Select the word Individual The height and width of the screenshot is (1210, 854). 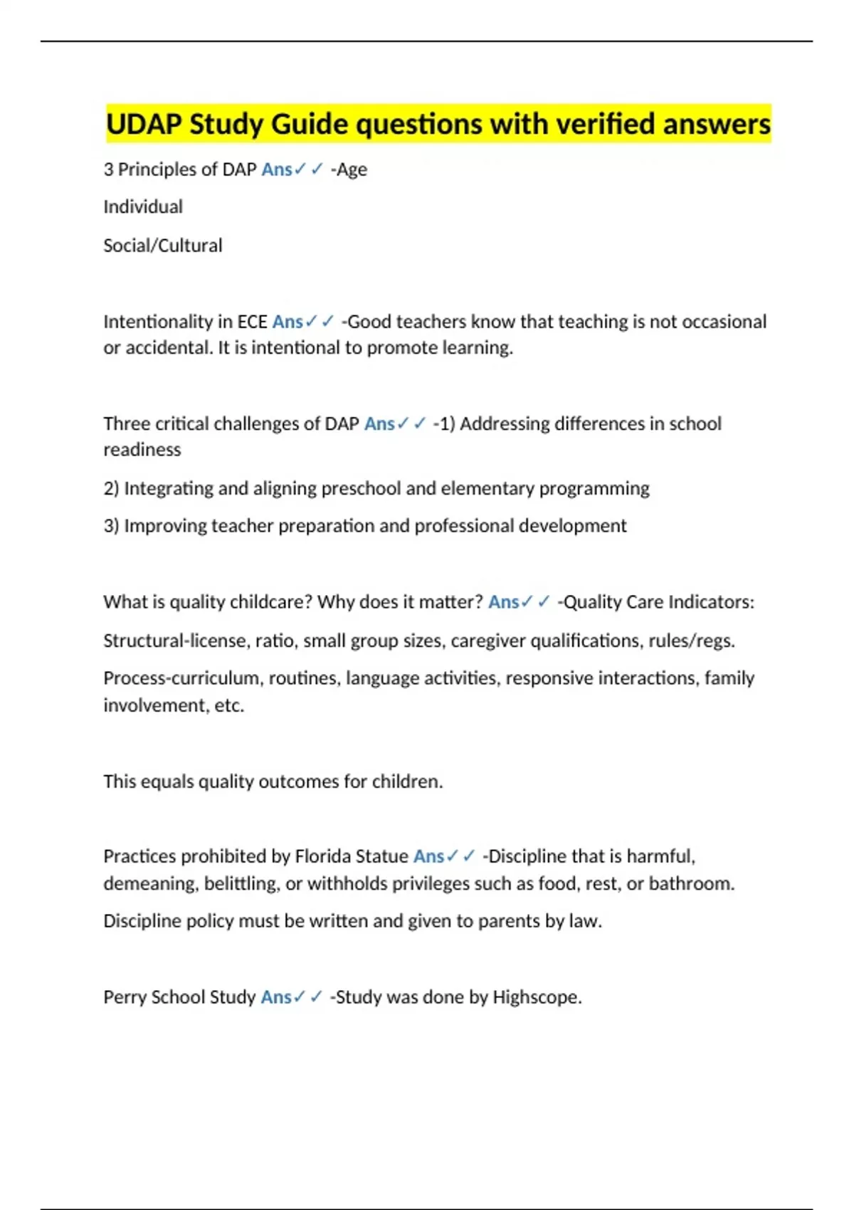143,207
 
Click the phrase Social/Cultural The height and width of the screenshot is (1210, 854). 163,246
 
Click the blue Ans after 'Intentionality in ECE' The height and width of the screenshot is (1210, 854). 288,322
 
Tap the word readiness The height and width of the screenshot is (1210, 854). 142,450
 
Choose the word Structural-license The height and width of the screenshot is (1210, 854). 175,641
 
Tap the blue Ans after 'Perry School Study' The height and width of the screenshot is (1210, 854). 276,997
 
